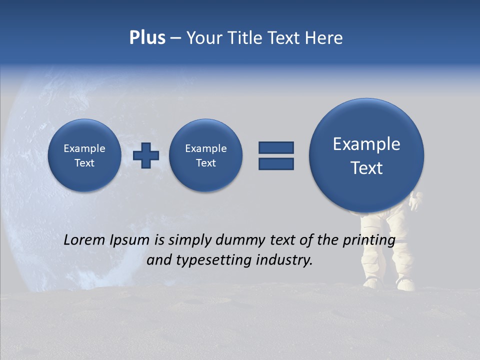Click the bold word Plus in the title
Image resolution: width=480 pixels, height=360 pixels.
tap(147, 37)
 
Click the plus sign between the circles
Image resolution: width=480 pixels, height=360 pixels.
tap(146, 155)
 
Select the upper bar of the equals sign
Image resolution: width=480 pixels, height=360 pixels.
tap(276, 147)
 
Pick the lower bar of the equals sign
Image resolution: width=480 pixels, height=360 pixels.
tap(276, 163)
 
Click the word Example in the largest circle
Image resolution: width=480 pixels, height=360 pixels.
tap(366, 144)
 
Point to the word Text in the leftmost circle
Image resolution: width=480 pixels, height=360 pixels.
tap(84, 163)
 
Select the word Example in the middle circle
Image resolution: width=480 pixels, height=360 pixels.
tap(205, 148)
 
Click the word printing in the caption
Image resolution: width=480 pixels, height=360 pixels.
tap(368, 240)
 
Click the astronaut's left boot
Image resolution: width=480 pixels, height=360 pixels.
tap(372, 283)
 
